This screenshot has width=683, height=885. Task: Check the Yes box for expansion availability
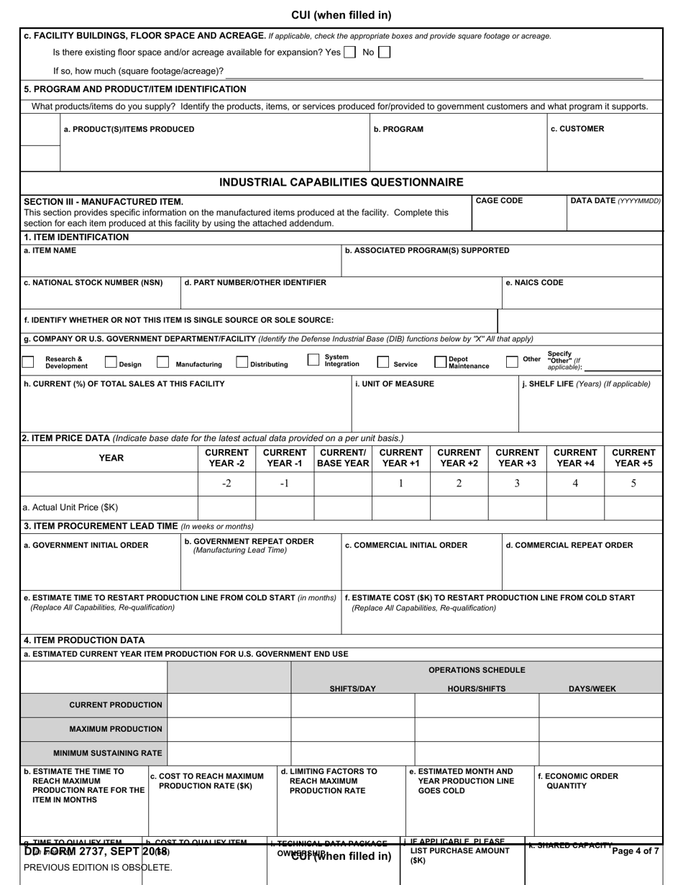tap(349, 53)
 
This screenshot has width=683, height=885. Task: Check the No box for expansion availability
tap(385, 53)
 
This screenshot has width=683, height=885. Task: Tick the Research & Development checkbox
tap(28, 362)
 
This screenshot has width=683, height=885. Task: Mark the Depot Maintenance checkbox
tap(440, 362)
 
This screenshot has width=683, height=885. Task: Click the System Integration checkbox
tap(313, 360)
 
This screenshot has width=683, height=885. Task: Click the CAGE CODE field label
tap(499, 201)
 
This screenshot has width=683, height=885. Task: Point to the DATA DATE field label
tap(615, 201)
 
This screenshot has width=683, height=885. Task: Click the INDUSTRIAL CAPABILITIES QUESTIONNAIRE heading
tap(341, 182)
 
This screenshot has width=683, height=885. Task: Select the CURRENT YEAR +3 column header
tap(517, 458)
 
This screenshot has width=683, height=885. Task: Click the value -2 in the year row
tap(226, 484)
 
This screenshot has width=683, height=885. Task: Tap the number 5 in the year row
tap(633, 484)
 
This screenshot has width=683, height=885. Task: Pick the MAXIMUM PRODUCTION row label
tap(116, 729)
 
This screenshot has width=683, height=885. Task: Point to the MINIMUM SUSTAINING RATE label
tap(108, 753)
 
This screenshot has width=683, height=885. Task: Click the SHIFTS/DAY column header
tap(352, 689)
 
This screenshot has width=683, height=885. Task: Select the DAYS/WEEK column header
tap(592, 689)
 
